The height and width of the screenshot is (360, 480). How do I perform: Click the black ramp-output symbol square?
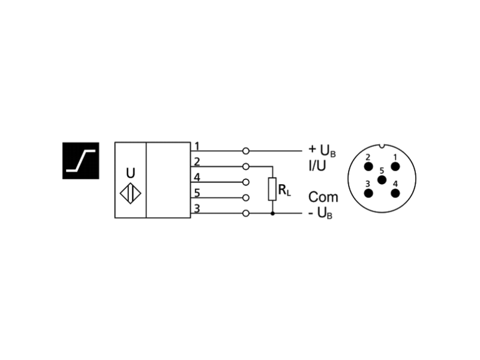pos(80,161)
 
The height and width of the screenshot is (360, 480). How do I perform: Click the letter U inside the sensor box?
pos(130,173)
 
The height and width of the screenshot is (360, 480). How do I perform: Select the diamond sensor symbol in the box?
pos(130,194)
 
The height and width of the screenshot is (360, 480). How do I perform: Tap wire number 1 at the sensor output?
pos(196,146)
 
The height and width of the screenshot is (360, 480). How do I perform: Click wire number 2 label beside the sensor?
pos(196,161)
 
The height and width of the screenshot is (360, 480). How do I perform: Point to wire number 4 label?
pos(196,177)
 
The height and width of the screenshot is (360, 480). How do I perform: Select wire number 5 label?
pos(196,193)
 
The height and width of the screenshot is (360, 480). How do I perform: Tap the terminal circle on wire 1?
pos(245,151)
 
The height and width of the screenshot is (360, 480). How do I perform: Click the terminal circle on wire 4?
pos(245,182)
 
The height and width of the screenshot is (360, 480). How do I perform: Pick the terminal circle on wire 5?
pos(245,197)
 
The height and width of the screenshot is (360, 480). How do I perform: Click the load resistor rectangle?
pos(272,189)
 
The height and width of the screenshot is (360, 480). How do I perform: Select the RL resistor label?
pos(284,191)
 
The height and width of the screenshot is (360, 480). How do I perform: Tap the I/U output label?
pos(317,166)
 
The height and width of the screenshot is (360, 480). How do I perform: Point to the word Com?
pos(323,197)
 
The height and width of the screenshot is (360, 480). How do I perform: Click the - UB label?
pos(320,213)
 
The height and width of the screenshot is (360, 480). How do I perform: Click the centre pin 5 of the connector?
pos(381,180)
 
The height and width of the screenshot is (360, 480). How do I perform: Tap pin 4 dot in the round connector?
pos(395,193)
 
